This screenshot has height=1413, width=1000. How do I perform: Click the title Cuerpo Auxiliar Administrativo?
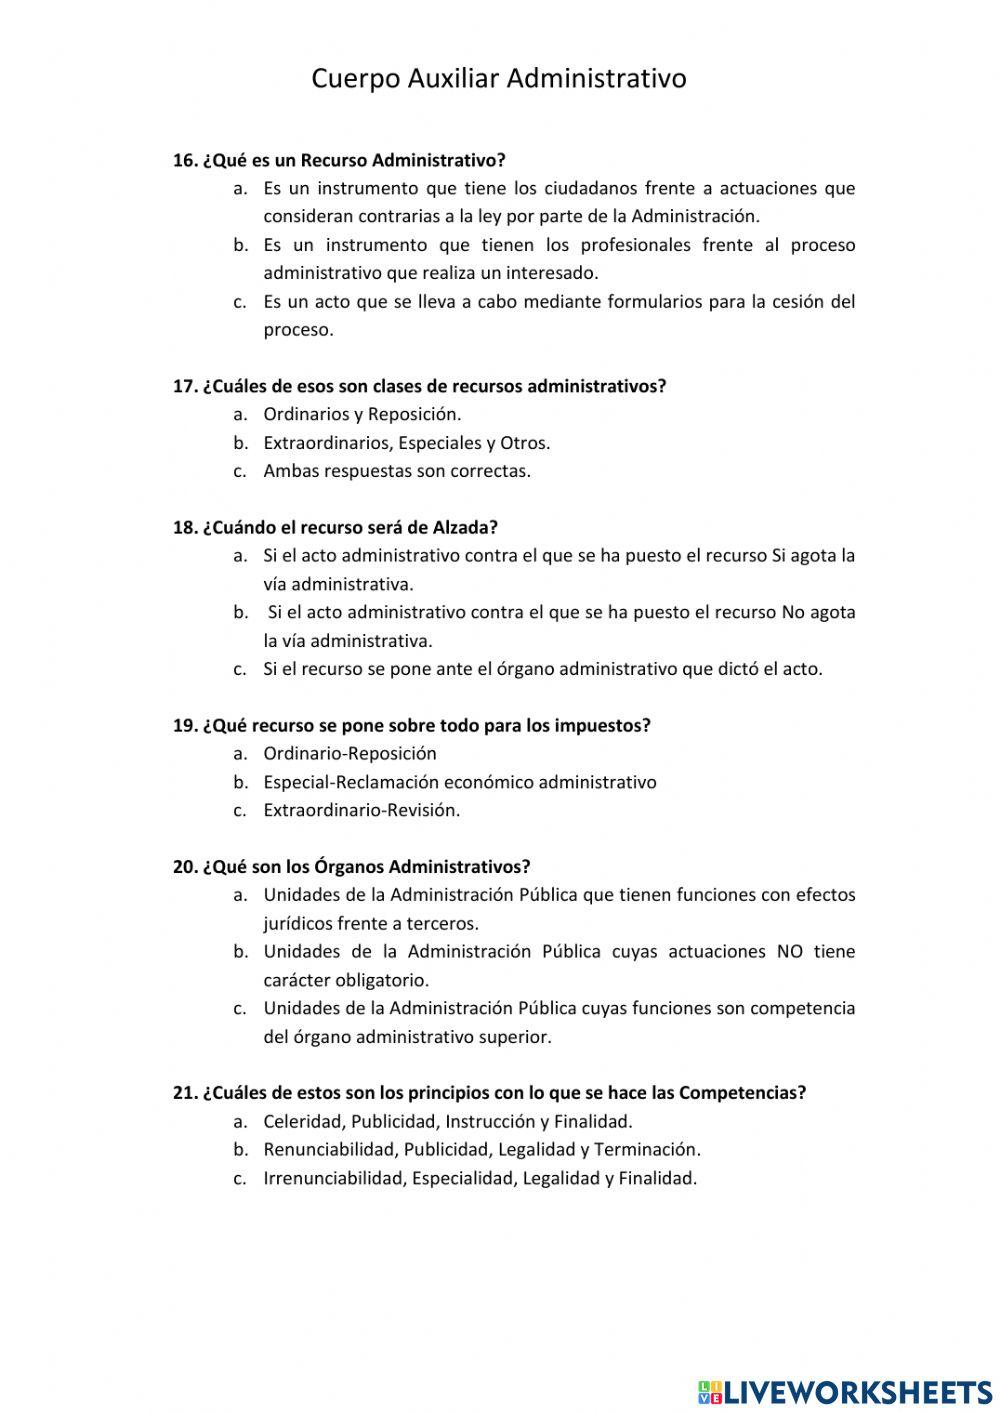[x=498, y=78]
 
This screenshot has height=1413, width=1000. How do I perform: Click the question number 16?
[x=184, y=160]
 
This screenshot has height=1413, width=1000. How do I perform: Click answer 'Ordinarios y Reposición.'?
[x=362, y=414]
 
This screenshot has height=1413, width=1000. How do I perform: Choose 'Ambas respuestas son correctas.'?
[x=396, y=471]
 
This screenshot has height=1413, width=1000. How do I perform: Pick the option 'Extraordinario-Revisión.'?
[x=361, y=810]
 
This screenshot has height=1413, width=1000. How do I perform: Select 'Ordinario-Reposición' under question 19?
[x=349, y=753]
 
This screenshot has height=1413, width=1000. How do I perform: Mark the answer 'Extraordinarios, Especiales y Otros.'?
[x=406, y=443]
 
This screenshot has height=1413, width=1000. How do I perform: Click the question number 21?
[x=184, y=1093]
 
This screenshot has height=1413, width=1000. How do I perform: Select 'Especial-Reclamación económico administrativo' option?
[x=459, y=782]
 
